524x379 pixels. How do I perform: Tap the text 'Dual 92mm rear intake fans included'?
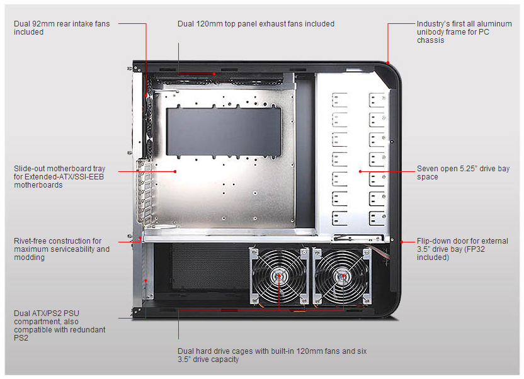point(62,28)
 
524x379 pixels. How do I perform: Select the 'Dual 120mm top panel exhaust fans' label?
point(256,24)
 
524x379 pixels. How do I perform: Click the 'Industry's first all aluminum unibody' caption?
point(464,31)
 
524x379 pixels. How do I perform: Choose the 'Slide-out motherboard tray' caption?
point(59,177)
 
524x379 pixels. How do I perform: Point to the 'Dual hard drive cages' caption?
point(271,354)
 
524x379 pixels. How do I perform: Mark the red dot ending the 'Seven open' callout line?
point(360,171)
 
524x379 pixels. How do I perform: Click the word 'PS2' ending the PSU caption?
point(21,338)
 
